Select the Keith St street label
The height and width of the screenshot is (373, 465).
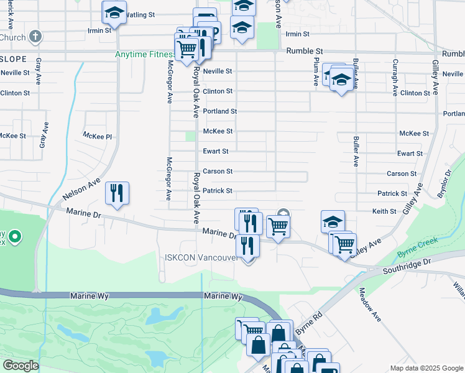384,211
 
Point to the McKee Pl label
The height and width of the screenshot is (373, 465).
97,136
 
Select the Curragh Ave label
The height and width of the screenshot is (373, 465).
395,78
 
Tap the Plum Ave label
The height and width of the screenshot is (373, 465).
316,68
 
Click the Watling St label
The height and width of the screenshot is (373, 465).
140,14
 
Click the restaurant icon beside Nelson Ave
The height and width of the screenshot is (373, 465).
116,193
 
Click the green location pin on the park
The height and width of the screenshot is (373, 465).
14,237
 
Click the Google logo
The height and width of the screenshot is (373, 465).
21,365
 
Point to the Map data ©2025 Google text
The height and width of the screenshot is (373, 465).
426,368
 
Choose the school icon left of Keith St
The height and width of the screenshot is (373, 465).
333,221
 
